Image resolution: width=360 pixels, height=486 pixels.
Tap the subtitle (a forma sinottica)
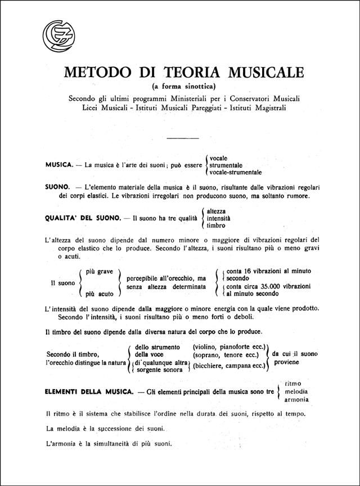tap(183, 86)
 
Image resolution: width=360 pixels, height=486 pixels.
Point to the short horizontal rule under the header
tap(183, 137)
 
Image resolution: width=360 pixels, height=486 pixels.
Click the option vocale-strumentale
tap(238, 173)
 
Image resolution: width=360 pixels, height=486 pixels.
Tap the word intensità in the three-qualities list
tap(219, 218)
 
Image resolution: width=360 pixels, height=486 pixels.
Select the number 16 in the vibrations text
tap(250, 270)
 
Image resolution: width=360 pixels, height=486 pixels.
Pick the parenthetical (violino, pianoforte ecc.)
tap(231, 347)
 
